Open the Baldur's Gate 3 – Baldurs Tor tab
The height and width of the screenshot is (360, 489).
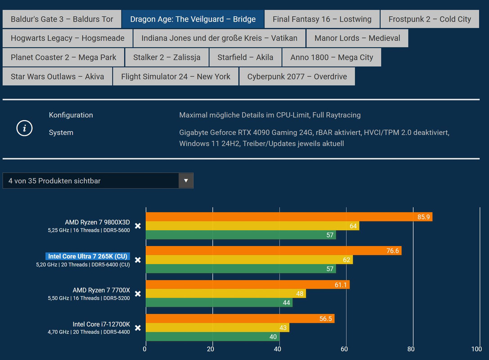coord(62,19)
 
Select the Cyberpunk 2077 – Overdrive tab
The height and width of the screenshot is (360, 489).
coord(297,76)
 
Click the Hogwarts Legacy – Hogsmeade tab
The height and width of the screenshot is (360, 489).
coord(67,38)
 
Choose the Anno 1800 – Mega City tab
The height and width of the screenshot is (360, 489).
coord(332,58)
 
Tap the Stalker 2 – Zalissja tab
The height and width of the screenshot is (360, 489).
coord(165,58)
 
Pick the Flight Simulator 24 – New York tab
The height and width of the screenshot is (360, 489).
coord(175,76)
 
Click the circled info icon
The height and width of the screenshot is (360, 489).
coord(24,128)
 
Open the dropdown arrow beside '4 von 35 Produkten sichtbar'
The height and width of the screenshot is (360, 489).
coord(186,181)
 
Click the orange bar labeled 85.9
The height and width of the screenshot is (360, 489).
coord(288,217)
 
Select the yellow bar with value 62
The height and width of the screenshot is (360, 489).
coord(249,260)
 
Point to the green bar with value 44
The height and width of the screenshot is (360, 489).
coord(219,303)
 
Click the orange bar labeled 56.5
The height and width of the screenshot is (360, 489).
coord(239,319)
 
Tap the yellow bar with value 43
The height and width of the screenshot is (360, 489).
coord(217,328)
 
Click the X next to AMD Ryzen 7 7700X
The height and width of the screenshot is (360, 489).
coord(138,294)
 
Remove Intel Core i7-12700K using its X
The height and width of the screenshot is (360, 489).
coord(138,328)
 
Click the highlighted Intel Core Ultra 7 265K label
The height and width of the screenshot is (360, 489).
coord(88,256)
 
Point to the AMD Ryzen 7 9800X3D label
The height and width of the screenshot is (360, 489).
coord(97,222)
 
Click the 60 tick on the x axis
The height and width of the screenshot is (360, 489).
coord(345,349)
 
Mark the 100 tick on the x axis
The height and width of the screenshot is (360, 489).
coord(476,349)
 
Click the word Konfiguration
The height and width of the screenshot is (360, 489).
coord(71,115)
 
